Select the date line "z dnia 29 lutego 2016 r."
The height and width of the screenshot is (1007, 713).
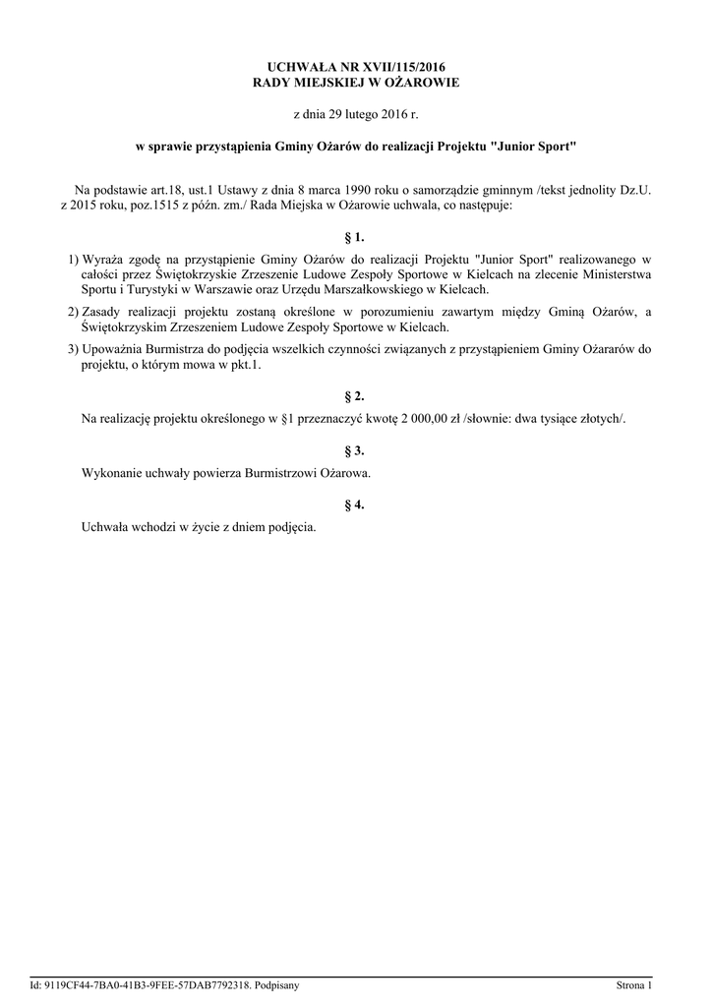click(x=356, y=115)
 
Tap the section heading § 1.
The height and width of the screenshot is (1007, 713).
click(x=356, y=237)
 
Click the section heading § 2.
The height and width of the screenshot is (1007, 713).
click(x=356, y=396)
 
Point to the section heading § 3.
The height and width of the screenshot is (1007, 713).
click(x=356, y=450)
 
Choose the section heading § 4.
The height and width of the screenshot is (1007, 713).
click(x=356, y=504)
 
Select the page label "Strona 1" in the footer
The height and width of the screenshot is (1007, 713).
click(x=633, y=984)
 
